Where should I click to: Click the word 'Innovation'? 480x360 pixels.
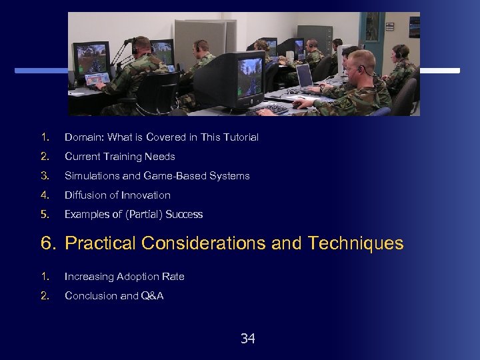146,195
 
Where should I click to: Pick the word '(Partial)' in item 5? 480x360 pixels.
143,215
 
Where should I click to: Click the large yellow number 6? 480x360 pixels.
47,243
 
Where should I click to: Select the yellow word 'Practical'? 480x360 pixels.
101,243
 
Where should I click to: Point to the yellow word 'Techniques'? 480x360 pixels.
356,243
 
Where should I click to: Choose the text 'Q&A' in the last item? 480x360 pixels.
152,296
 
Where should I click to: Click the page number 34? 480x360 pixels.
247,339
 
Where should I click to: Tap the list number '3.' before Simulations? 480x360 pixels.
45,176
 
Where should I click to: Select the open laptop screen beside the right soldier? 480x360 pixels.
304,76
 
